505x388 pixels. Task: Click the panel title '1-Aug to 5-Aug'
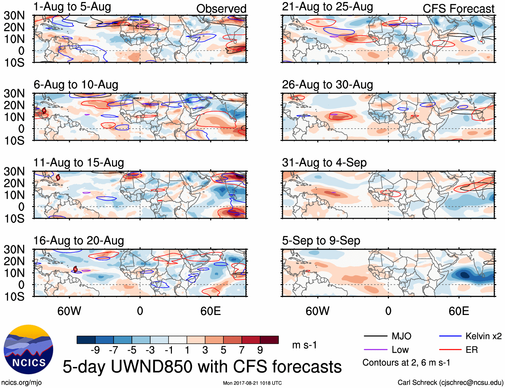[x=72, y=7]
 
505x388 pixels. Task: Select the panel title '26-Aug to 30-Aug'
[x=327, y=85]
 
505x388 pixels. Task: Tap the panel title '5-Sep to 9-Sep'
[x=321, y=241]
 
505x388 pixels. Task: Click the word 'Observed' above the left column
[x=221, y=9]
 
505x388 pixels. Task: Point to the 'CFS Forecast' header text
[x=459, y=9]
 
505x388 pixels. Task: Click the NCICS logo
[x=28, y=349]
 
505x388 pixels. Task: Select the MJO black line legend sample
[x=375, y=336]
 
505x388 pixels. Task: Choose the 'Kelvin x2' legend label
[x=484, y=336]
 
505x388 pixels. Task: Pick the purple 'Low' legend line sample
[x=375, y=350]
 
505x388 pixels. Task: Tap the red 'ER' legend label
[x=472, y=350]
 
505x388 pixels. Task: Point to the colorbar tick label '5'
[x=223, y=350]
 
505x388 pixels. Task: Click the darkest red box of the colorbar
[x=269, y=340]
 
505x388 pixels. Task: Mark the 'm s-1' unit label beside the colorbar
[x=304, y=345]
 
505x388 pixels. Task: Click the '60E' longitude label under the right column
[x=459, y=311]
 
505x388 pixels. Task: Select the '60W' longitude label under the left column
[x=69, y=311]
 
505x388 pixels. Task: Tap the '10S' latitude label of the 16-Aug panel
[x=14, y=297]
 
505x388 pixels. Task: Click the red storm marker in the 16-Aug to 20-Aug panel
[x=75, y=269]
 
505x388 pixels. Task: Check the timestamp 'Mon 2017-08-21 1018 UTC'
[x=252, y=383]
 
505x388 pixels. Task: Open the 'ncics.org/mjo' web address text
[x=21, y=383]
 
